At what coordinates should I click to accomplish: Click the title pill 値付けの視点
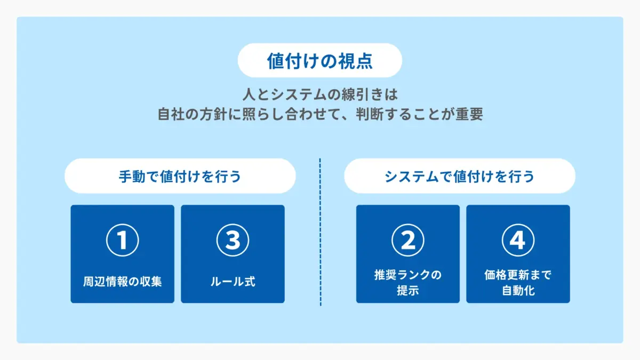[319, 61]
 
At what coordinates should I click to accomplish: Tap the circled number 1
[123, 241]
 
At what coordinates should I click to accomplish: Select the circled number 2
[407, 241]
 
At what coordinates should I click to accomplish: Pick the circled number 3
[233, 241]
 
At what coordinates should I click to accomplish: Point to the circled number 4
[517, 241]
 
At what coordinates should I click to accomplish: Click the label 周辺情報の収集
[123, 281]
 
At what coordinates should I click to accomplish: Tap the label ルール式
[233, 281]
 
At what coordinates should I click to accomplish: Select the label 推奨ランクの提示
[407, 283]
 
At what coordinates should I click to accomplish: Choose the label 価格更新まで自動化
[517, 283]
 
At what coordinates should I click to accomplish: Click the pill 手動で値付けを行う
[180, 176]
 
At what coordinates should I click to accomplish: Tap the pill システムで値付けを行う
[459, 176]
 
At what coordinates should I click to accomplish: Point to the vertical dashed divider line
[320, 232]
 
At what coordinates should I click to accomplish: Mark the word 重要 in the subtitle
[469, 115]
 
